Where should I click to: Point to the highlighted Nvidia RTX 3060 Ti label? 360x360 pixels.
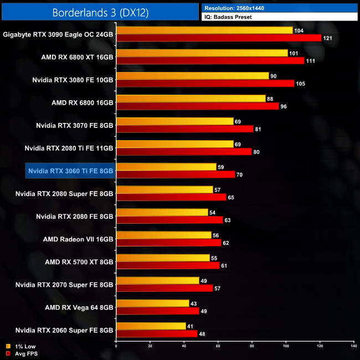click(x=70, y=171)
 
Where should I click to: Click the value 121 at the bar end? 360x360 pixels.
click(x=327, y=38)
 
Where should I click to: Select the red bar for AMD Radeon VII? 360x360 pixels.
click(x=168, y=243)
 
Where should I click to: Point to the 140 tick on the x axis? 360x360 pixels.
click(x=353, y=346)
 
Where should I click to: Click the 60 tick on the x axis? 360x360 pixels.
click(x=218, y=346)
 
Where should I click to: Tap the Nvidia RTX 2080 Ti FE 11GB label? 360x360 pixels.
click(x=69, y=148)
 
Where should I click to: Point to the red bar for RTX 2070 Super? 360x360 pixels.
click(x=164, y=288)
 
